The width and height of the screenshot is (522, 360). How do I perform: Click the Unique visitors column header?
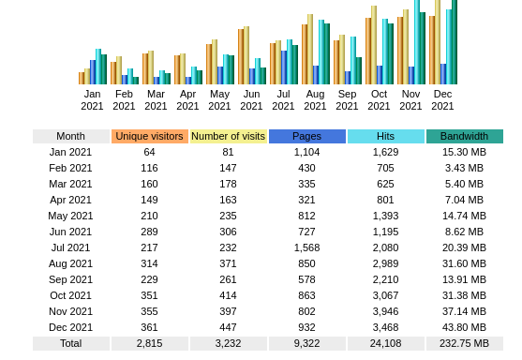[x=150, y=136]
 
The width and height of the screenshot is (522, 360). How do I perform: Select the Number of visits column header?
[x=228, y=136]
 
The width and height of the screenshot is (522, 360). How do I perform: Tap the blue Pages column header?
[x=306, y=136]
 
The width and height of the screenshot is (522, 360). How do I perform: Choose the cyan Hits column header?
[x=385, y=136]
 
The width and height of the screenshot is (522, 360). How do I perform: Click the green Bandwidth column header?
[x=464, y=136]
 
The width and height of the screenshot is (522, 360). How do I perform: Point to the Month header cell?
[x=70, y=136]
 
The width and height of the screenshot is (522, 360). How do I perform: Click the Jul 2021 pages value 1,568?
[x=306, y=247]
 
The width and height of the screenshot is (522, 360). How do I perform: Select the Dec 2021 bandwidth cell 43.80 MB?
[x=464, y=327]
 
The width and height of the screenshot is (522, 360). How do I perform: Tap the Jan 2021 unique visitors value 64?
[x=150, y=152]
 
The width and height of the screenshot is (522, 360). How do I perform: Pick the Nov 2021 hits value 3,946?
[x=385, y=311]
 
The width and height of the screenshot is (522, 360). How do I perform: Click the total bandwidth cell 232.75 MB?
[x=464, y=343]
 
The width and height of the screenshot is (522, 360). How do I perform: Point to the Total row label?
[x=70, y=343]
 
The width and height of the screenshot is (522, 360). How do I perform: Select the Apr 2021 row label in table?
[x=70, y=200]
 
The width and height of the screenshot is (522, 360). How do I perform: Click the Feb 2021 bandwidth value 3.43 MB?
[x=464, y=168]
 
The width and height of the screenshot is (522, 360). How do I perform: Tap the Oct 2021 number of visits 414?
[x=228, y=295]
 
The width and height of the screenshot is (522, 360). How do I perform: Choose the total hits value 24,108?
[x=385, y=343]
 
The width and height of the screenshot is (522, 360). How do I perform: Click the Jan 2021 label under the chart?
[x=92, y=99]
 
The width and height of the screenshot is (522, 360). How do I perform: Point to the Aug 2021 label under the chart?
[x=315, y=99]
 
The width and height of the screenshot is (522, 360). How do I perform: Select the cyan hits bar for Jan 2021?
[x=97, y=67]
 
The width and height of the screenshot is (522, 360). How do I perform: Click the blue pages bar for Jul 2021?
[x=283, y=67]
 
